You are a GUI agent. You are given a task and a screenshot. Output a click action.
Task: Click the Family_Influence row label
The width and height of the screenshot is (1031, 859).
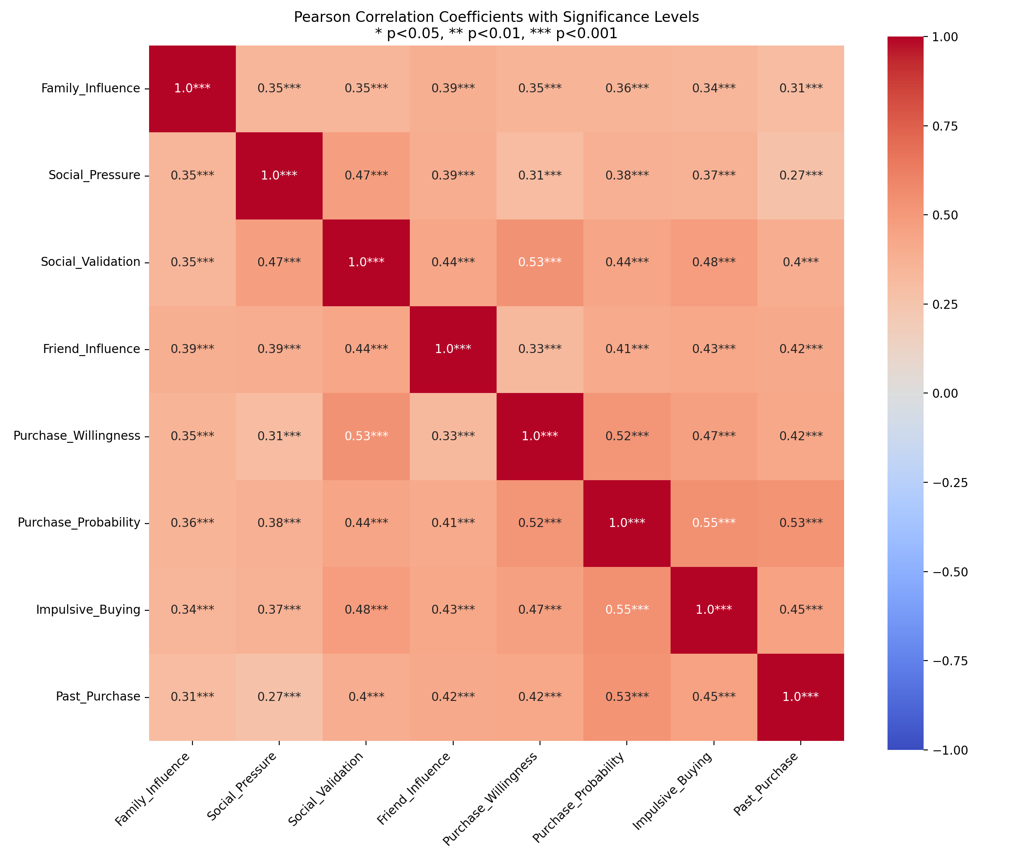click(90, 88)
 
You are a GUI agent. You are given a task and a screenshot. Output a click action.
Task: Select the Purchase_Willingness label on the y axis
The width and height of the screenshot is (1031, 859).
click(76, 436)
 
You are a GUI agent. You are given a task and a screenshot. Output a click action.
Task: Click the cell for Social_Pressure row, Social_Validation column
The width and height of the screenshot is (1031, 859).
click(366, 175)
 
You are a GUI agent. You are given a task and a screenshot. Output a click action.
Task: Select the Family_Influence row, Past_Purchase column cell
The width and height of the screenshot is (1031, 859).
click(801, 88)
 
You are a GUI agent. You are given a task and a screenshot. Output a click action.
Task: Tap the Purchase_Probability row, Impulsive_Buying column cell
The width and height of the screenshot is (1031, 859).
click(714, 523)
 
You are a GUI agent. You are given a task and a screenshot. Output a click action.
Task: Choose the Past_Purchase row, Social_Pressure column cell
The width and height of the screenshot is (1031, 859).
click(279, 697)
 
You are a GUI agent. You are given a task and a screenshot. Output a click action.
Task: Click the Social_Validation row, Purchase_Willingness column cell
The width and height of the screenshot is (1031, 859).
click(540, 262)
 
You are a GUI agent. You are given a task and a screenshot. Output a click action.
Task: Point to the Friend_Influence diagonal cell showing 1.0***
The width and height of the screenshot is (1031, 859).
click(453, 349)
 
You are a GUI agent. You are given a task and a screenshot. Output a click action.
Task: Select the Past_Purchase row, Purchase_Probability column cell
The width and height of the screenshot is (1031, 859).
click(627, 697)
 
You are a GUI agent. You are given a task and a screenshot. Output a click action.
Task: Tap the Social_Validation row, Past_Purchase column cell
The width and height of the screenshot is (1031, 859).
click(801, 262)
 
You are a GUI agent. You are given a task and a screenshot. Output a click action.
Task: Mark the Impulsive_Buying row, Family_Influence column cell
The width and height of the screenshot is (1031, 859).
click(192, 609)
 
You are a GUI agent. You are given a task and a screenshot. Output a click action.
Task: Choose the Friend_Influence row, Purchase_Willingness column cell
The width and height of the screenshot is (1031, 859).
click(540, 349)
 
